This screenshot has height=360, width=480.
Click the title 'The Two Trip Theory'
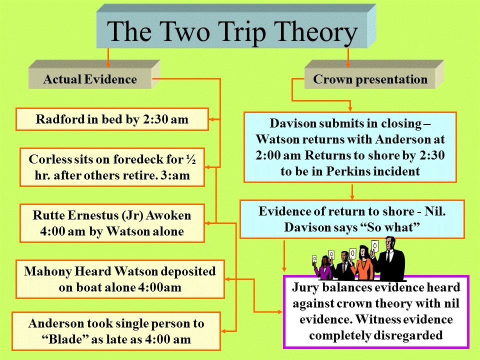click(232, 32)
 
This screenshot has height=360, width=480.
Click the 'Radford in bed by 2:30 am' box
click(112, 119)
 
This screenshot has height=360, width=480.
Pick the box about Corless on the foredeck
click(112, 167)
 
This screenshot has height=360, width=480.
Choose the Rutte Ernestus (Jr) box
click(112, 223)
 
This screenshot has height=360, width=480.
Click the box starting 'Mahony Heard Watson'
click(120, 279)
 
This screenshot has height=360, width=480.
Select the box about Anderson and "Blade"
click(116, 331)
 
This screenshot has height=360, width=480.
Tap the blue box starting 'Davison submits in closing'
click(350, 147)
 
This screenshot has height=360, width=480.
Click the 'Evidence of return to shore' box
click(352, 219)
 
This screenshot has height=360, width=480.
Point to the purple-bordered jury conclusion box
click(376, 311)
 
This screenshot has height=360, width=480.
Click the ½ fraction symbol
click(191, 159)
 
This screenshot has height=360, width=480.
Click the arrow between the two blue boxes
click(352, 191)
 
